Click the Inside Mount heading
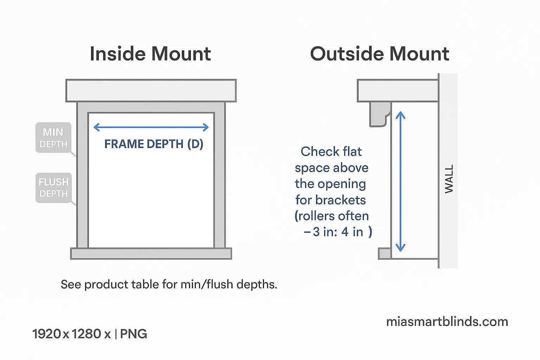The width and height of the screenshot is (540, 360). [x=150, y=54]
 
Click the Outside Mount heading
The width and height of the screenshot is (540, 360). [x=379, y=54]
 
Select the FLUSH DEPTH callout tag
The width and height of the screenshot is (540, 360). [x=53, y=188]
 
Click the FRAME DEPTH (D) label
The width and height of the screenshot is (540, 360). [x=154, y=144]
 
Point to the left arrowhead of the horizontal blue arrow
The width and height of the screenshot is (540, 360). [x=96, y=127]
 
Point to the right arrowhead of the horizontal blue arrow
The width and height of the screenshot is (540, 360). [x=206, y=127]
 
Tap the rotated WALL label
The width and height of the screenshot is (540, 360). [x=449, y=179]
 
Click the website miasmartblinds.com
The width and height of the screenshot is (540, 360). [x=447, y=322]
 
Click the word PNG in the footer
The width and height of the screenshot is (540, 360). [x=134, y=334]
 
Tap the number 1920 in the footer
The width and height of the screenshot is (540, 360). [x=47, y=334]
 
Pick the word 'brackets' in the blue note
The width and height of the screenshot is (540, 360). [x=341, y=200]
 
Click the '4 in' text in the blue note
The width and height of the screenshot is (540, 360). [x=352, y=232]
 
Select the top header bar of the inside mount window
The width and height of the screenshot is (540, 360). [x=151, y=91]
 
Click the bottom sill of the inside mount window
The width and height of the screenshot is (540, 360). [x=151, y=253]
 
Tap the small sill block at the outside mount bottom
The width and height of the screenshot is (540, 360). [x=385, y=253]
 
